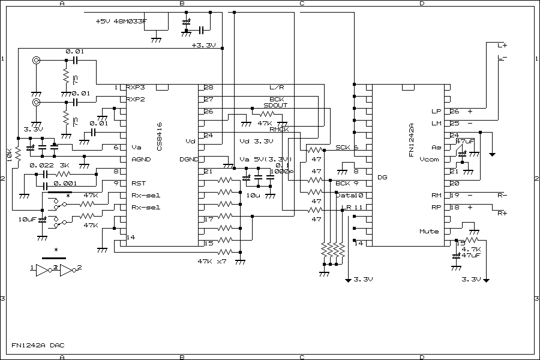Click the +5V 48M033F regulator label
tap(123, 21)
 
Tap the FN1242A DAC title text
tap(37, 346)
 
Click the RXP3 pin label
tap(136, 88)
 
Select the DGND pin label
tap(188, 160)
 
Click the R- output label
tap(502, 196)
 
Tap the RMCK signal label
tap(279, 130)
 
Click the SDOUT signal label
tap(275, 106)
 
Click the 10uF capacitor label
tap(28, 220)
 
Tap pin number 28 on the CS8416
tap(209, 88)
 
